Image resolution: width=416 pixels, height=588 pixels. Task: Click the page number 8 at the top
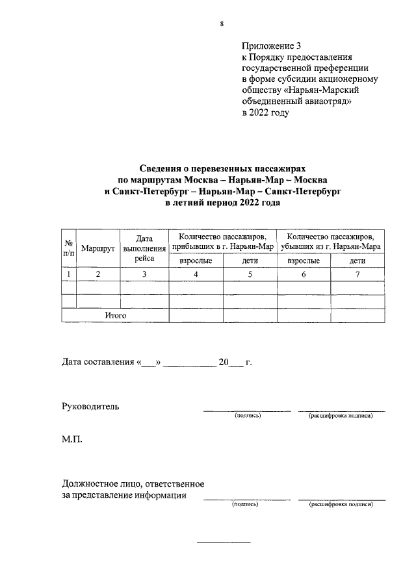pos(222,24)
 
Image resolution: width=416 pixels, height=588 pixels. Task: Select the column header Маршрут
pos(98,249)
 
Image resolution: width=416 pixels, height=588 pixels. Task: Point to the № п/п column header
pos(68,249)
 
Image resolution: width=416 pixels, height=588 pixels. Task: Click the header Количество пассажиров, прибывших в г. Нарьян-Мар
pos(222,242)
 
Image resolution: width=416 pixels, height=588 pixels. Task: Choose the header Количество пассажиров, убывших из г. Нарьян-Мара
pos(330,242)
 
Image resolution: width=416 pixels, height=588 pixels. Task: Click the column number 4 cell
pos(196,274)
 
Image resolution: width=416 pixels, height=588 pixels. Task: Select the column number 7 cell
pos(357,274)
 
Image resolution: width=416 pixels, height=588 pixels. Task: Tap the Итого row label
pos(115,315)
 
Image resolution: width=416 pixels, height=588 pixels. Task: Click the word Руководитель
pos(90,406)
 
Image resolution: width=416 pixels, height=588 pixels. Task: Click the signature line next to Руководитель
pos(247,411)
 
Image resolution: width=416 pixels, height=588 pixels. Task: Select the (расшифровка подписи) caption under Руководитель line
pos(341,416)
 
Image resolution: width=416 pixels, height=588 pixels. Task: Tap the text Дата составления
pos(97,362)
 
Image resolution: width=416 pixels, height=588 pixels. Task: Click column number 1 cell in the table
pos(68,274)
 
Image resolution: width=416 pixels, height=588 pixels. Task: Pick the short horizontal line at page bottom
pos(223,542)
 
